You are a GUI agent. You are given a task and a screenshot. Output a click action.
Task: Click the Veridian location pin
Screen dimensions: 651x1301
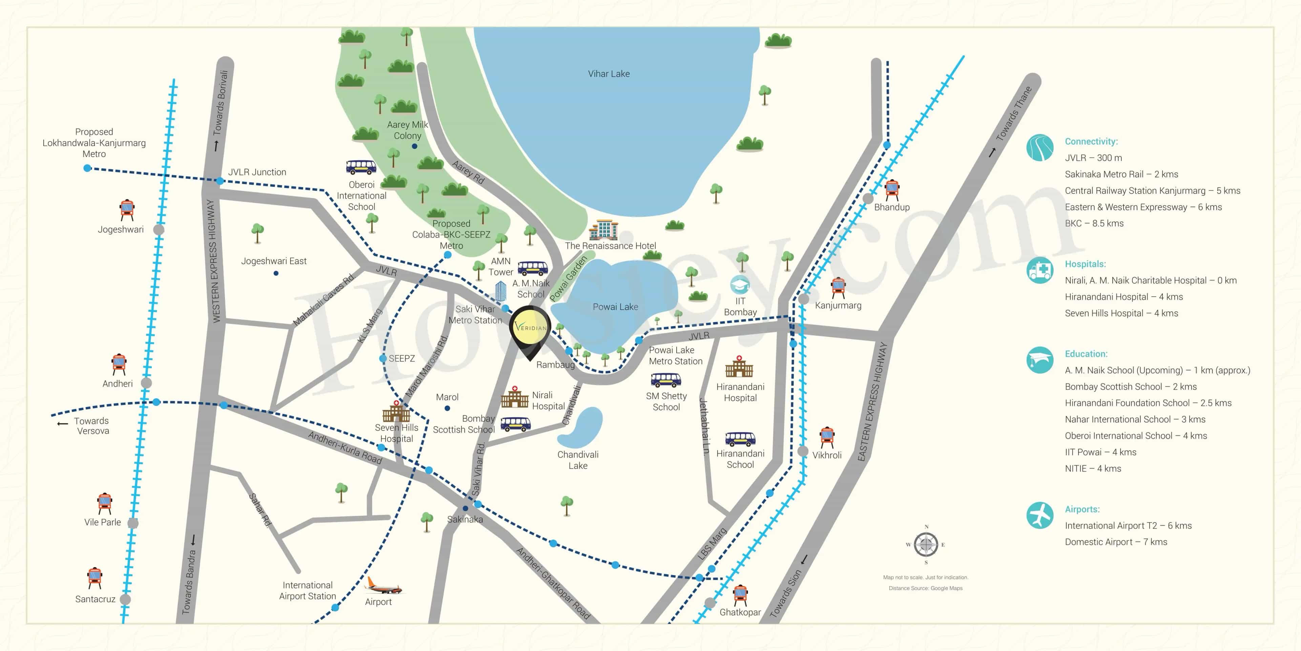[x=530, y=329]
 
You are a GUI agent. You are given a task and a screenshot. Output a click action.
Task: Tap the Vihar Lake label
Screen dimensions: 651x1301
[x=608, y=74]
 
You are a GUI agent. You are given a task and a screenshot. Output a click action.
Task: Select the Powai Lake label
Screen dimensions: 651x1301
[x=615, y=307]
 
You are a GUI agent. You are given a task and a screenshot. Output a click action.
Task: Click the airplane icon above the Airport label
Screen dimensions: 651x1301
[x=384, y=586]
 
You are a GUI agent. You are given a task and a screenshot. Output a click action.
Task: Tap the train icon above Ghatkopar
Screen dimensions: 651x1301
[x=740, y=595]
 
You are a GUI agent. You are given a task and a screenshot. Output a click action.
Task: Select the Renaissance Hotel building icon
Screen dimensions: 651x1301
[x=603, y=230]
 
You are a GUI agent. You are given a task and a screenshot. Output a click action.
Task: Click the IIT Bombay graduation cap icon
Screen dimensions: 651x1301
[x=740, y=284]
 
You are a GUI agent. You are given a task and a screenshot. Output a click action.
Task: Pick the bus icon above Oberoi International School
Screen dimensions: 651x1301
[x=361, y=167]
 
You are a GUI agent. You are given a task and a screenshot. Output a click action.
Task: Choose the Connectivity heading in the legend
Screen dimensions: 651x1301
[x=1091, y=141]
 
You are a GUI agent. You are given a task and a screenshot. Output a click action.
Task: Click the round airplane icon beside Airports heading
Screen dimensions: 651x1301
[x=1039, y=515]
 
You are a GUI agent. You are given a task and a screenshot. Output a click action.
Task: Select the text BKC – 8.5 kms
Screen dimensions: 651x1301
[x=1094, y=223]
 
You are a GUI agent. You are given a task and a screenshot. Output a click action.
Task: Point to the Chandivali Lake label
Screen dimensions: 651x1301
[x=578, y=460]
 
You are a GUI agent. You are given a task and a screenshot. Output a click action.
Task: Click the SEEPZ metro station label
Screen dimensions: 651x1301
[x=401, y=358]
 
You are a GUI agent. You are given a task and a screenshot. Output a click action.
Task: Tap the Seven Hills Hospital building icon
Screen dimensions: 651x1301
[x=396, y=412]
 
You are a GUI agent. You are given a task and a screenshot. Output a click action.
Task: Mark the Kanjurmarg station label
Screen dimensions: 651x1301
[x=838, y=305]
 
